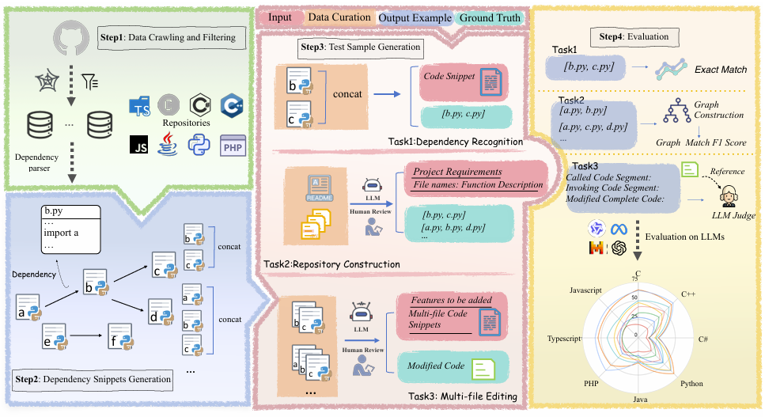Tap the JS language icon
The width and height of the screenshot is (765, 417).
tap(139, 146)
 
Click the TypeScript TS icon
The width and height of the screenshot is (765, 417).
tap(141, 107)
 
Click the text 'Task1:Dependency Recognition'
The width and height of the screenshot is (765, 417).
tap(466, 142)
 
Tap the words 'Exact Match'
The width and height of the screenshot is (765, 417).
tap(722, 70)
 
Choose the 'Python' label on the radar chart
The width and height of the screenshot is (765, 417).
tap(691, 383)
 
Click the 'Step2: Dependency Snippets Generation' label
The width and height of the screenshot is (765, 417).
tap(92, 379)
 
